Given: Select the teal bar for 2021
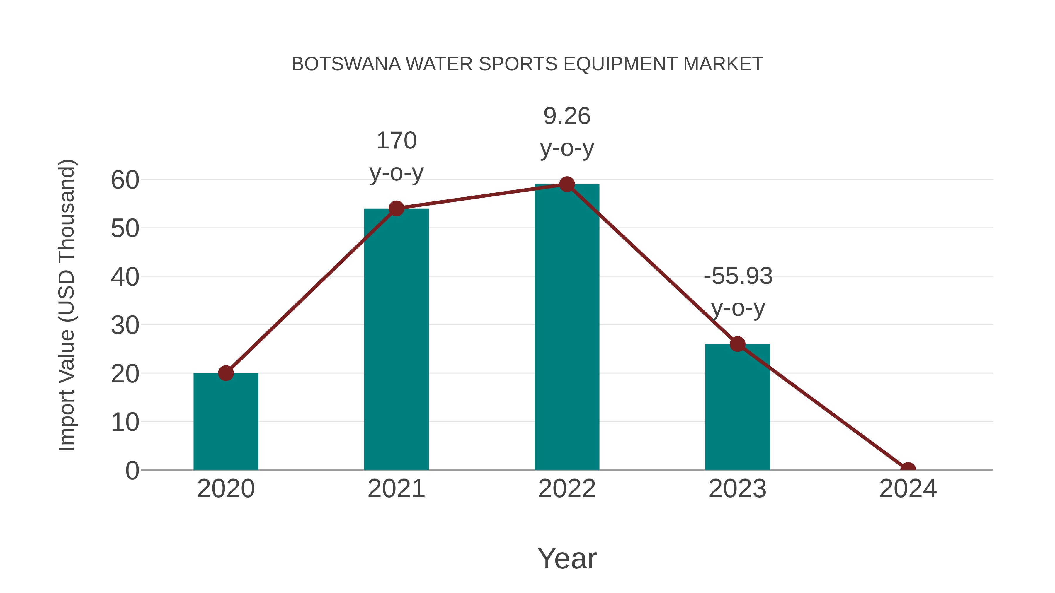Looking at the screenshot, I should coord(396,340).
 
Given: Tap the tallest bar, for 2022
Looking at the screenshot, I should coord(567,327).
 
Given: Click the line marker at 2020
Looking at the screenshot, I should coord(226,373).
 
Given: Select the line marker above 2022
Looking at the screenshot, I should coord(567,184).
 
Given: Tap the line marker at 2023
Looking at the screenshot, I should coord(737,344).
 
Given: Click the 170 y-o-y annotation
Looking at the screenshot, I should coord(396,157).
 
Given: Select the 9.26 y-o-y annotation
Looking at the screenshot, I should coord(567,132).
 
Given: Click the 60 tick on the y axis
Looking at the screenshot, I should coord(125,180).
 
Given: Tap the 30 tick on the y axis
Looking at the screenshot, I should coord(125,326).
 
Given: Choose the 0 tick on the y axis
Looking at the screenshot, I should coord(132,471).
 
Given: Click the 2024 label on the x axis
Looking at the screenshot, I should coord(908,489).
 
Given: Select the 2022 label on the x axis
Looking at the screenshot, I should coord(567,489).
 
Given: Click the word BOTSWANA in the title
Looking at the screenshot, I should coord(346,64).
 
